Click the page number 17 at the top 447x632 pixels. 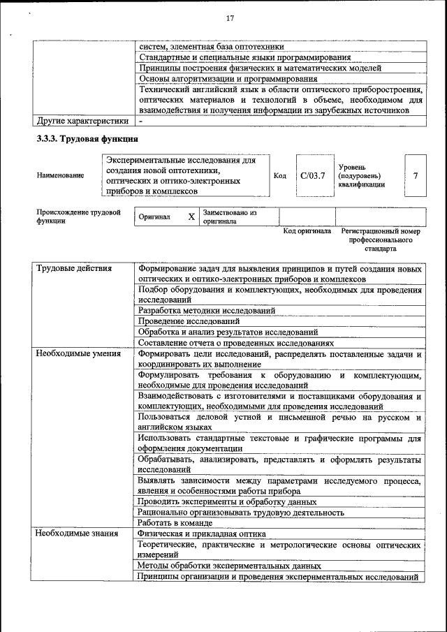pyautogui.click(x=230, y=17)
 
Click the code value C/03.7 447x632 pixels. pyautogui.click(x=313, y=175)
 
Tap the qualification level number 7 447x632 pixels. pyautogui.click(x=416, y=175)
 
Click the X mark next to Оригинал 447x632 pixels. pyautogui.click(x=191, y=217)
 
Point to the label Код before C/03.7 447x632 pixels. pyautogui.click(x=280, y=176)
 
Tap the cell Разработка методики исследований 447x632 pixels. pyautogui.click(x=207, y=310)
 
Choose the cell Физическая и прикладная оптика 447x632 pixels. pyautogui.click(x=202, y=534)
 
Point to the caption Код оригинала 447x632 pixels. pyautogui.click(x=307, y=230)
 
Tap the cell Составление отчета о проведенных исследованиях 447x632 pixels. pyautogui.click(x=235, y=343)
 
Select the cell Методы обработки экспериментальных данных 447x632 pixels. pyautogui.click(x=229, y=566)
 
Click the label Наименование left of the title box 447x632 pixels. pyautogui.click(x=60, y=176)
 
